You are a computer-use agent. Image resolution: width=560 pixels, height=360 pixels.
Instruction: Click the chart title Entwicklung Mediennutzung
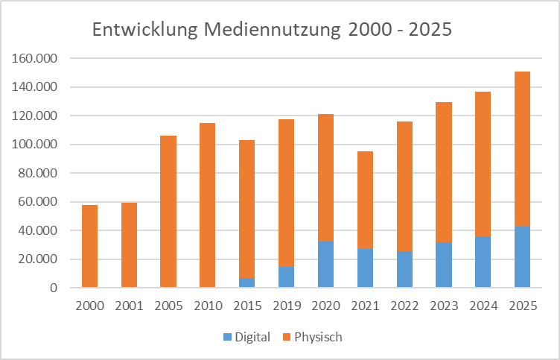272,31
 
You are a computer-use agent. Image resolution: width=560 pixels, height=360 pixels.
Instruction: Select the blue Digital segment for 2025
522,256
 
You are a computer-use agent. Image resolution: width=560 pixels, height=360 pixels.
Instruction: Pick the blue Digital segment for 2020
325,264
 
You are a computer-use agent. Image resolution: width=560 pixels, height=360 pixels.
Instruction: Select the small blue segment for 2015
246,282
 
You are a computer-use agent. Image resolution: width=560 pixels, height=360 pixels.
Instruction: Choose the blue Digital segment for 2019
286,277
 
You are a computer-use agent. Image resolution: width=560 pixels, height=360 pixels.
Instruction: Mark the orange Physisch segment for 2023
444,172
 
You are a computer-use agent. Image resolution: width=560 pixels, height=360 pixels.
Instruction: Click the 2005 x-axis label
168,306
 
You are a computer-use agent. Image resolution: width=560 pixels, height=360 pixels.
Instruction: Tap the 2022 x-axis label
404,306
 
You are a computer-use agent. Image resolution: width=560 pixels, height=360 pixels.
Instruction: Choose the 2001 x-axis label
129,306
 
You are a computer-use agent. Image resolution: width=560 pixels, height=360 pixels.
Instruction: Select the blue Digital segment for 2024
483,262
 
